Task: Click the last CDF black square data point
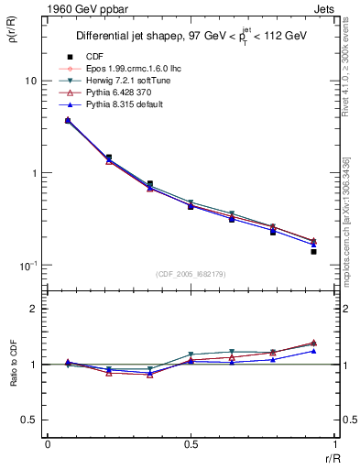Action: coord(313,251)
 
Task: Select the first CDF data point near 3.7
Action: coord(68,120)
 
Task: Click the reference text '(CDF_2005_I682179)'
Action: coord(191,275)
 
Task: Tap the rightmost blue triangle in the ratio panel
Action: coord(313,351)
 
